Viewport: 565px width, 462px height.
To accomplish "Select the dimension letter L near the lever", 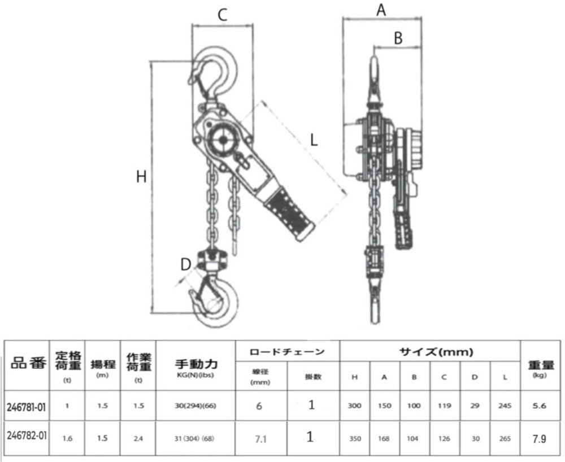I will pos(314,139).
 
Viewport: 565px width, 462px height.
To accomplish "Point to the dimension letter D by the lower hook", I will pos(185,264).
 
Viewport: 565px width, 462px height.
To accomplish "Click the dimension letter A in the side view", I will pos(381,10).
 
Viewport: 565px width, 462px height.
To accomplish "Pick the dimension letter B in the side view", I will pos(398,38).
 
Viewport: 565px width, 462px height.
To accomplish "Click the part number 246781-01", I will pos(27,405).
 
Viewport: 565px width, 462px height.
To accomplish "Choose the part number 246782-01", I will pos(27,437).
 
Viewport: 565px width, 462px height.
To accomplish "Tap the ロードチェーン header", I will pos(287,351).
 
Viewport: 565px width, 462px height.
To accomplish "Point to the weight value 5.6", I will pos(541,405).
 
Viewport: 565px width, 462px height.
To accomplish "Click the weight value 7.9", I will pos(541,437).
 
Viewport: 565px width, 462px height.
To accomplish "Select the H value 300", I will pos(355,406).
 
